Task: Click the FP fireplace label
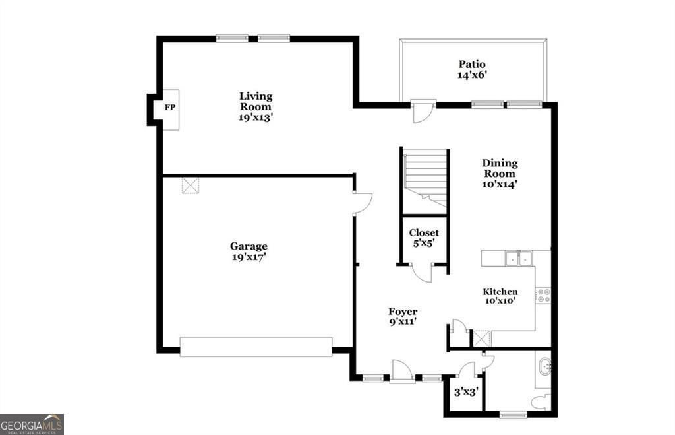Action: [x=169, y=108]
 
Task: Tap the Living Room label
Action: [x=255, y=106]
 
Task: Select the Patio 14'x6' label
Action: [x=473, y=69]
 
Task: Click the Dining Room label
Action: [x=499, y=174]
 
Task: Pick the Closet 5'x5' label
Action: [x=424, y=238]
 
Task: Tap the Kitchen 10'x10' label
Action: [x=500, y=296]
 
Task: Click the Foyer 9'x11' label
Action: [x=402, y=316]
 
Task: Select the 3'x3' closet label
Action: [x=465, y=391]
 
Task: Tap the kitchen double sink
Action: [x=519, y=258]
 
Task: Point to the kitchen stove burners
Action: [x=543, y=295]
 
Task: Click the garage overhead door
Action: [x=256, y=347]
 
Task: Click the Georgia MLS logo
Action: [x=32, y=424]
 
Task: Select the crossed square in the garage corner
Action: [x=191, y=185]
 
